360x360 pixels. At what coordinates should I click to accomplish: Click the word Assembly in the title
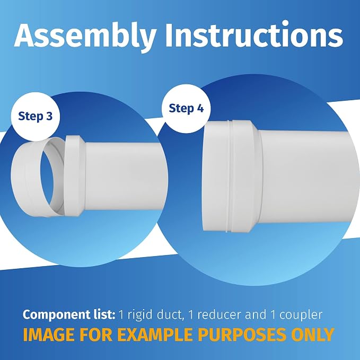(x=85, y=36)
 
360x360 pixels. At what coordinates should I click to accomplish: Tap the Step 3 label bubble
(x=36, y=117)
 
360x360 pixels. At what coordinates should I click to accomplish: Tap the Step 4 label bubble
(x=186, y=108)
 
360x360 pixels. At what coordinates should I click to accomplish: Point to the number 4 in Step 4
(x=200, y=108)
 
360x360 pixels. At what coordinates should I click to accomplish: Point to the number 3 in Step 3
(x=49, y=117)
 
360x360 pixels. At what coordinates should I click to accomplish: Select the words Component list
(x=69, y=315)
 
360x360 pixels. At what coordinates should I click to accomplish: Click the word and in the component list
(x=256, y=315)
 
